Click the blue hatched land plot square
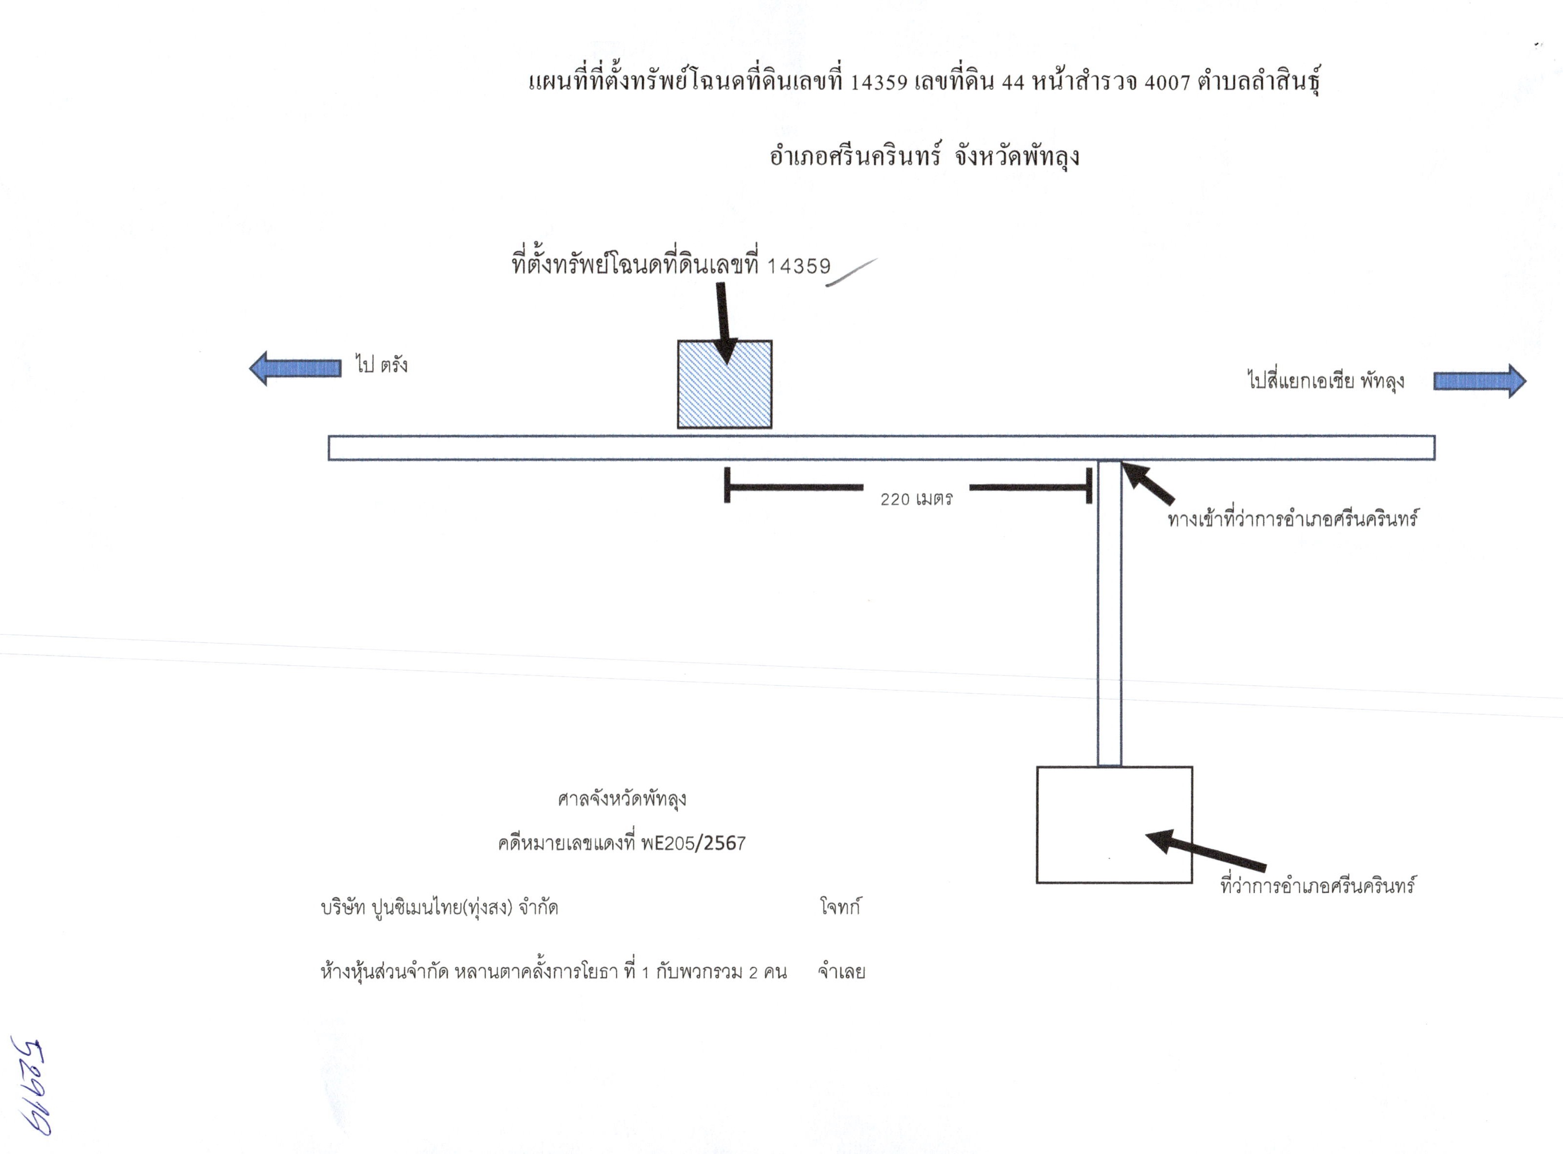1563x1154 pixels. (x=724, y=384)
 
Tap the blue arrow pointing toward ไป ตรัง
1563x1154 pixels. (x=294, y=368)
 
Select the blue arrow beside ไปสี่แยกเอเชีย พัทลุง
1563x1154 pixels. (x=1480, y=381)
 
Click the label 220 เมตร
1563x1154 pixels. (x=916, y=499)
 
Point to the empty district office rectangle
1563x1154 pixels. (x=1114, y=825)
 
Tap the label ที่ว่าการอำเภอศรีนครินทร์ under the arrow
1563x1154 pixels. (x=1318, y=886)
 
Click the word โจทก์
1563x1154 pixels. (x=839, y=907)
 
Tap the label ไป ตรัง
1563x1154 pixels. (x=381, y=364)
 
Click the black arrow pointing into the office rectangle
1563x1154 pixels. (x=1205, y=849)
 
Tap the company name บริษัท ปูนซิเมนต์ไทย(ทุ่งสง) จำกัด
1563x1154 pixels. (x=439, y=907)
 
